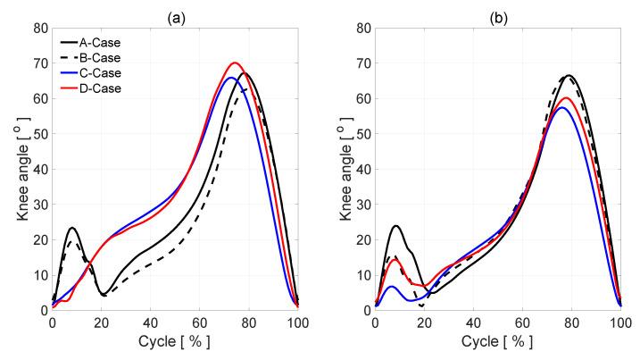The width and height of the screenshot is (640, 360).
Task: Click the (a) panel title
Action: [x=175, y=13]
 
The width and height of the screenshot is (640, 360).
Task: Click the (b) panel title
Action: [x=497, y=13]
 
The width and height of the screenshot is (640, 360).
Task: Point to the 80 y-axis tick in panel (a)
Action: [x=39, y=29]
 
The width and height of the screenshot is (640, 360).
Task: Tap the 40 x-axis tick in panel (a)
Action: [x=150, y=322]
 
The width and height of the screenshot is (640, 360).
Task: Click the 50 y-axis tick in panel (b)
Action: [x=362, y=134]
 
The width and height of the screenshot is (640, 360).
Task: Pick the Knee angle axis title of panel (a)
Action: [x=15, y=169]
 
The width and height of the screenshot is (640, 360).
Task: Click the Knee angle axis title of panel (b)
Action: [x=337, y=169]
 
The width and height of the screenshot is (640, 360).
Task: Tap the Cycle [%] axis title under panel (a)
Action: [x=175, y=341]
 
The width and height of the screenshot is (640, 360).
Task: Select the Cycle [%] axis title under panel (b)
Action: [x=497, y=341]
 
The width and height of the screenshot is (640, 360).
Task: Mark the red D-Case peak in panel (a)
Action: [x=235, y=63]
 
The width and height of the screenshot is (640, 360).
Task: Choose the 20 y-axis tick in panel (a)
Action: [x=39, y=239]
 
